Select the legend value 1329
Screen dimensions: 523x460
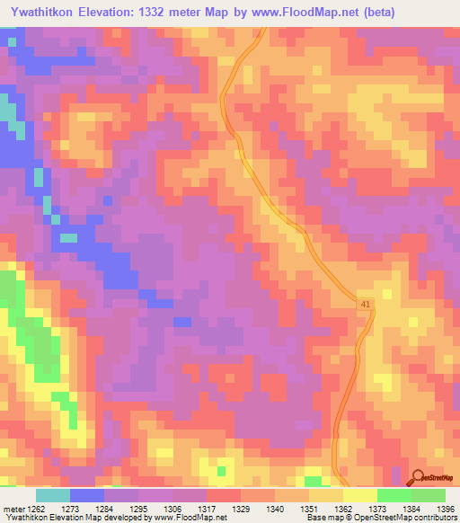(240, 509)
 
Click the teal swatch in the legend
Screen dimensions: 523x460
(53, 495)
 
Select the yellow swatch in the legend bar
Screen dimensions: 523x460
(359, 495)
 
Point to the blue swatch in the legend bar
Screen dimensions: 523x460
(87, 495)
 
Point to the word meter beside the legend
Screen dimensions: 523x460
(14, 509)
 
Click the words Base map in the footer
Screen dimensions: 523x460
(322, 518)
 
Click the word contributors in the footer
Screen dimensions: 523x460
(433, 518)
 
